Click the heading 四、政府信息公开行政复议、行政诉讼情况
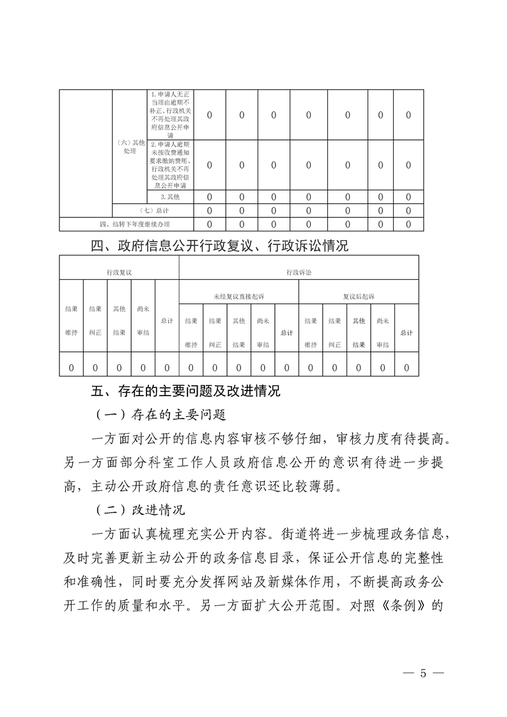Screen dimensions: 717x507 220,245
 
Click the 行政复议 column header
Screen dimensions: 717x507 119,272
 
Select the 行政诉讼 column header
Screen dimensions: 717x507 299,272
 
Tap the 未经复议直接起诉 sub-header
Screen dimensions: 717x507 238,297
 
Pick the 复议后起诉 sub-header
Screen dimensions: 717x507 359,297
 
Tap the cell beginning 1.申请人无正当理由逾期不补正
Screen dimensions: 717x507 170,115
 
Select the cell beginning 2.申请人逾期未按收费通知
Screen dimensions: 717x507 170,165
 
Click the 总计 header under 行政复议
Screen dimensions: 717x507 167,320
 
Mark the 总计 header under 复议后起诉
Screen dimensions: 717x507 406,332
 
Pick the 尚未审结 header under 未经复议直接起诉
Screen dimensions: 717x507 262,332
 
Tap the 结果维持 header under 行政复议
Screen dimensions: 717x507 71,320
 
